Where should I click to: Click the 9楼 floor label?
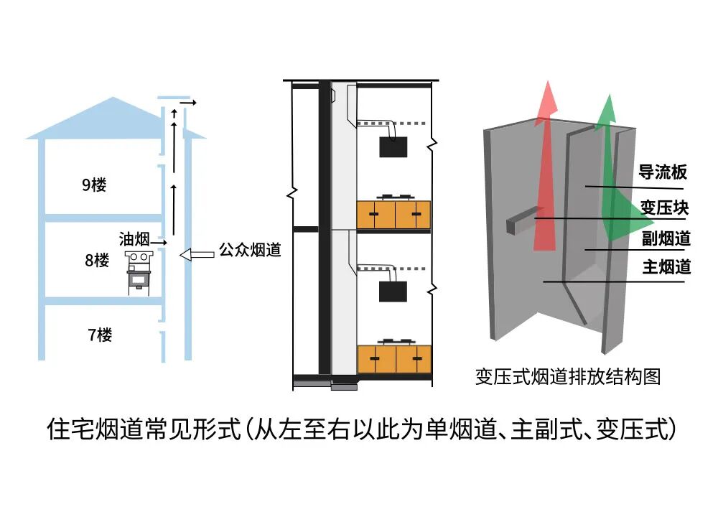[x=94, y=185]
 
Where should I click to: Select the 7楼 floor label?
[x=100, y=335]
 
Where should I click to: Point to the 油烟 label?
[x=134, y=238]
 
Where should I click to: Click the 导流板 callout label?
[x=663, y=172]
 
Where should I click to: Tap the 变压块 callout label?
[x=664, y=208]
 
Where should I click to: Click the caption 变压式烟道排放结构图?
[x=567, y=376]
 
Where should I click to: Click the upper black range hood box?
[x=393, y=147]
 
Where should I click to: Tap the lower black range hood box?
[x=393, y=292]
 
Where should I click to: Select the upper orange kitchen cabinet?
[x=393, y=215]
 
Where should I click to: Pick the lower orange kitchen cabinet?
[x=393, y=358]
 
